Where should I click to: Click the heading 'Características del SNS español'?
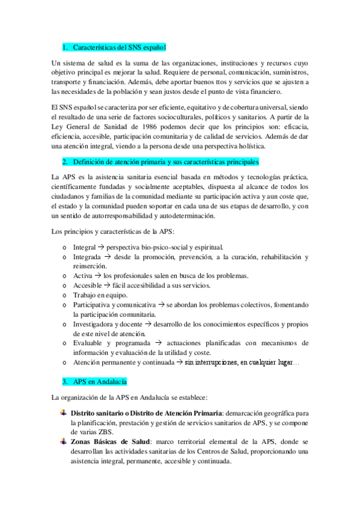click(x=118, y=47)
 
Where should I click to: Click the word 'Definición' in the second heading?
click(x=91, y=162)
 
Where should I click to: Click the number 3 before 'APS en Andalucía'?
click(x=64, y=382)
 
